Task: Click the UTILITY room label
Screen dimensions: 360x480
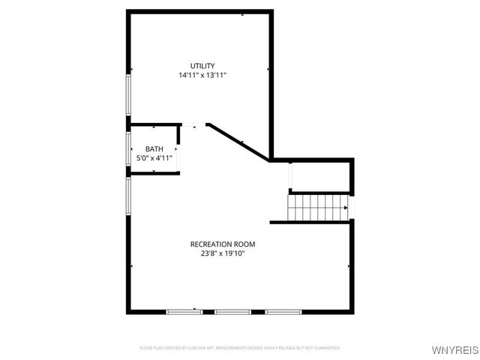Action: pyautogui.click(x=202, y=66)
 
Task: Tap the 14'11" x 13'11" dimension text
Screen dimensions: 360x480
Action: pyautogui.click(x=202, y=76)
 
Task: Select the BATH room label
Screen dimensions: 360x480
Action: pyautogui.click(x=154, y=148)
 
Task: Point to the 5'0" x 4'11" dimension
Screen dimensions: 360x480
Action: pyautogui.click(x=154, y=158)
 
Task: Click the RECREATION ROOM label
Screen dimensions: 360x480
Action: pyautogui.click(x=223, y=244)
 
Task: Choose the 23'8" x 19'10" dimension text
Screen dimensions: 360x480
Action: pyautogui.click(x=223, y=253)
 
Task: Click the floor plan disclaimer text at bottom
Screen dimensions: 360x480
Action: pyautogui.click(x=240, y=348)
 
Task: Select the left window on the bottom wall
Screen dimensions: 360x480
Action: pyautogui.click(x=184, y=311)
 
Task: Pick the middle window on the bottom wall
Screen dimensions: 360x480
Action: pyautogui.click(x=233, y=311)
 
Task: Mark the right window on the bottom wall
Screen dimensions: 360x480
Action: pyautogui.click(x=283, y=311)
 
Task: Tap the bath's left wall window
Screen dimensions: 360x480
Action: pyautogui.click(x=128, y=148)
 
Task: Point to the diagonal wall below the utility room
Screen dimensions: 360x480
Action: pyautogui.click(x=238, y=142)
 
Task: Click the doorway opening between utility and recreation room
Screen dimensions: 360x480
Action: pyautogui.click(x=194, y=124)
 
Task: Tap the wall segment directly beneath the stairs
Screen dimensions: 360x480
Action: pyautogui.click(x=310, y=222)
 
